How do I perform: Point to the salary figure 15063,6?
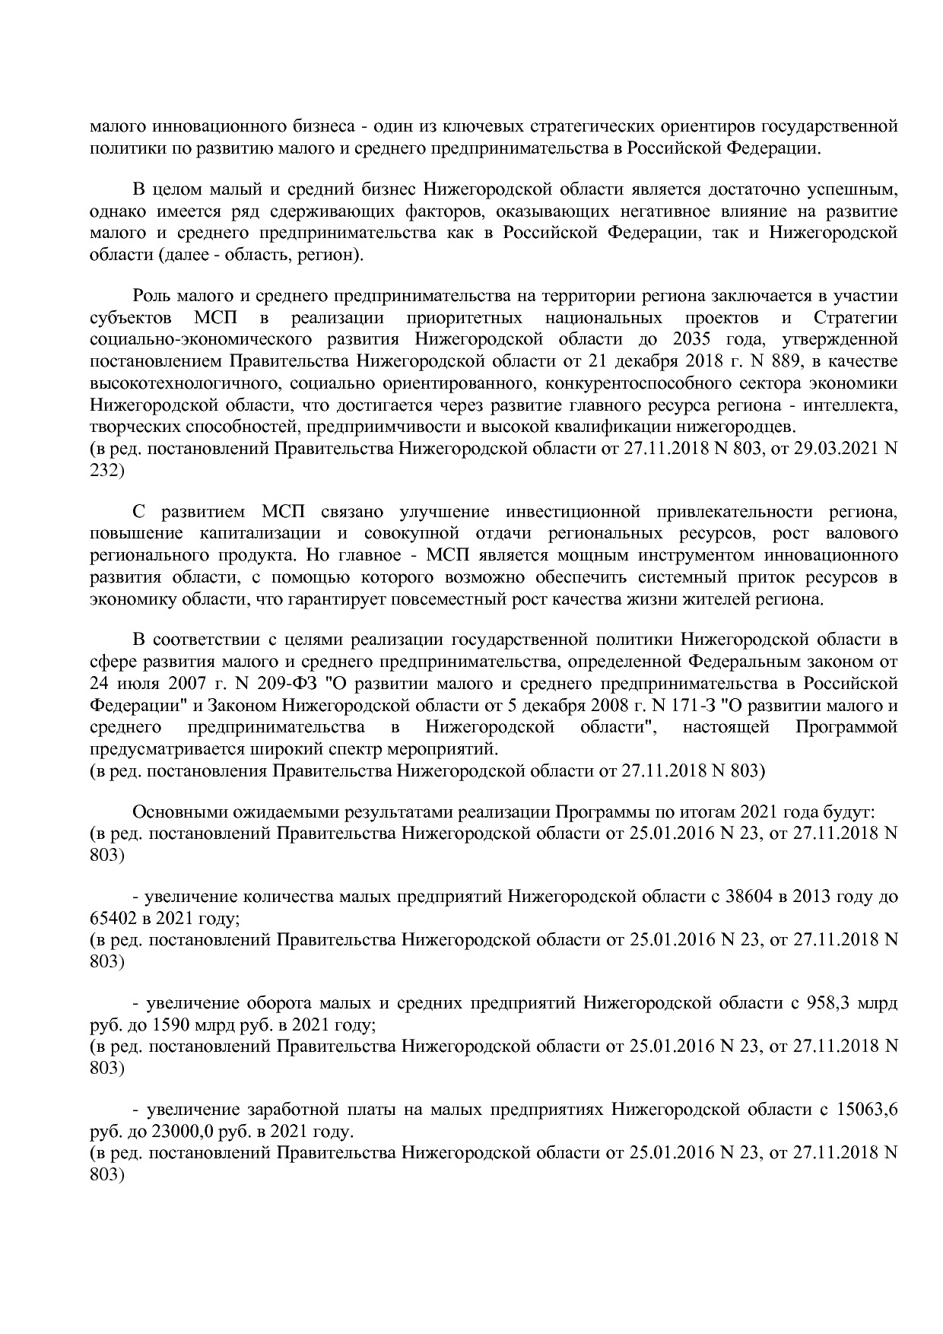pos(866,1110)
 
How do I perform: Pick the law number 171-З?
pos(678,705)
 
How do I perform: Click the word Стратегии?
pos(856,317)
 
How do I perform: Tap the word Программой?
pos(846,727)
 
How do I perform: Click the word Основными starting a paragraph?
pos(173,812)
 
